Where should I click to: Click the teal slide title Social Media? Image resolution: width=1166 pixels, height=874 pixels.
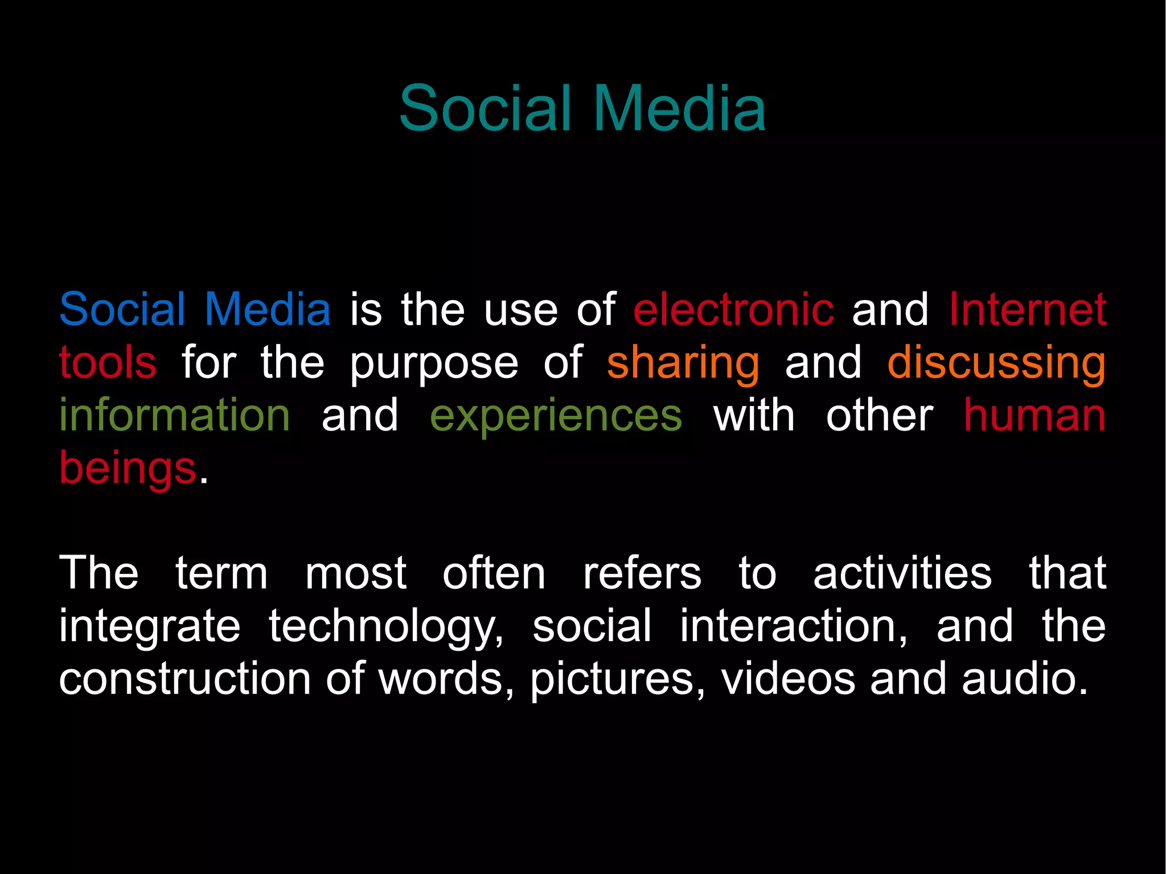pos(582,108)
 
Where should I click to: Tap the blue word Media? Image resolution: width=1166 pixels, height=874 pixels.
pos(268,309)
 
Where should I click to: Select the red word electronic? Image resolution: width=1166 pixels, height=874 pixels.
pos(733,309)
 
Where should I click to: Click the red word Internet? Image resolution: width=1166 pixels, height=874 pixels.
pos(1027,309)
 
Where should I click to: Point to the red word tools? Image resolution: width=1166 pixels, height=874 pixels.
pos(108,362)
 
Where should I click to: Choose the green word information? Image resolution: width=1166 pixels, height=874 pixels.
pos(175,415)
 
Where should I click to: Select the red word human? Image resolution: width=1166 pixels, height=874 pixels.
pos(1034,415)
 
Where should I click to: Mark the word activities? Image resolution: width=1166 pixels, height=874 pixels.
pos(902,573)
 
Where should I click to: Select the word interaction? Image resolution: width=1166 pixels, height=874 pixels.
pos(793,626)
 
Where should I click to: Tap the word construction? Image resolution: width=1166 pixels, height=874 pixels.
pos(184,679)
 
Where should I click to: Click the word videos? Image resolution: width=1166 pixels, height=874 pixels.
pos(788,679)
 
